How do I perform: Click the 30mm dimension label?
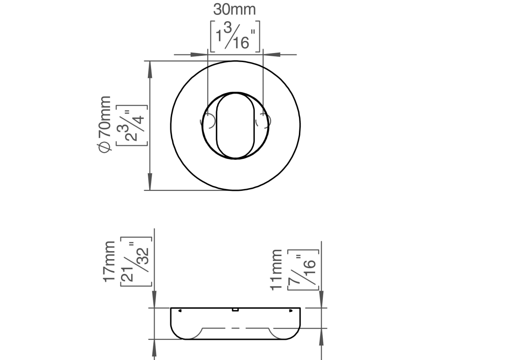point(234,10)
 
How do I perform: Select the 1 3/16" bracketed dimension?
point(235,36)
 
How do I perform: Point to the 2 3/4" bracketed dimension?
point(132,126)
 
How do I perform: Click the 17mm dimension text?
point(109,261)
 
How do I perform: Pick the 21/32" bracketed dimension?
point(136,262)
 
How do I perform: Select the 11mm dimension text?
point(276,270)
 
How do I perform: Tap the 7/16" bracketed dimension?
point(303,270)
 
